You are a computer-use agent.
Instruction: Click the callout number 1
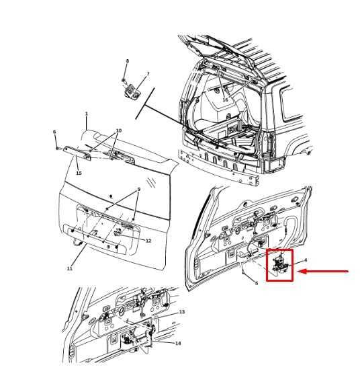(x=87, y=114)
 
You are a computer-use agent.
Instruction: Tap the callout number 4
(x=306, y=260)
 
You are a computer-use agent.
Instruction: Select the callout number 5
(x=257, y=283)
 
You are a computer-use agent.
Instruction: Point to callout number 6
(x=54, y=132)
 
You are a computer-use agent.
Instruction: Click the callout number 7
(x=148, y=74)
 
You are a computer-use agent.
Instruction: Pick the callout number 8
(x=128, y=61)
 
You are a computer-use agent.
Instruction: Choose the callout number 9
(x=138, y=189)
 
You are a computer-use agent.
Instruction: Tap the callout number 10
(x=118, y=130)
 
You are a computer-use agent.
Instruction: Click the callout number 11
(x=70, y=268)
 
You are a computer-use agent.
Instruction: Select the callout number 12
(x=148, y=241)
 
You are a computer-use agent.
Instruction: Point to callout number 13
(x=182, y=311)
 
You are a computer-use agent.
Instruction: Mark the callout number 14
(x=178, y=343)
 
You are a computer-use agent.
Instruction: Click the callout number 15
(x=79, y=173)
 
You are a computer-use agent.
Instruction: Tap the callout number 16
(x=225, y=100)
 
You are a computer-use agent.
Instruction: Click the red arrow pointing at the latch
(x=323, y=272)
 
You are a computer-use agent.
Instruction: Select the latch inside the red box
(x=279, y=265)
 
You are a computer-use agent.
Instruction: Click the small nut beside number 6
(x=57, y=148)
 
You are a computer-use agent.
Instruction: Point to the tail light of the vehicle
(x=273, y=165)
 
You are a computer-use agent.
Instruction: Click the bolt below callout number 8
(x=124, y=80)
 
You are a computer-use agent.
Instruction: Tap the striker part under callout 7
(x=133, y=91)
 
